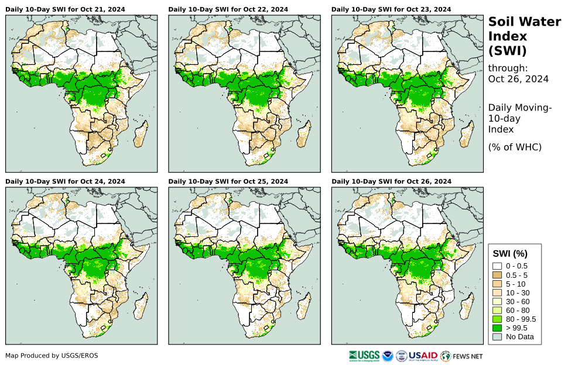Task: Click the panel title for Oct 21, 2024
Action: click(66, 10)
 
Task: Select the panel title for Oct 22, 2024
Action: click(228, 10)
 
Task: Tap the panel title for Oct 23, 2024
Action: click(391, 10)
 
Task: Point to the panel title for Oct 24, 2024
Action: click(66, 182)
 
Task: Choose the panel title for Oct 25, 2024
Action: click(228, 182)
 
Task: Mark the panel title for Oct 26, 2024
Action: click(391, 182)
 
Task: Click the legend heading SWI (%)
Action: click(511, 254)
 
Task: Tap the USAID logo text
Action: click(423, 356)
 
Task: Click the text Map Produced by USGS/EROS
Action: click(52, 356)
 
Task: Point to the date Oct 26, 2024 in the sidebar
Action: click(518, 79)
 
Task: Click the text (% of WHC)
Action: click(515, 147)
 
